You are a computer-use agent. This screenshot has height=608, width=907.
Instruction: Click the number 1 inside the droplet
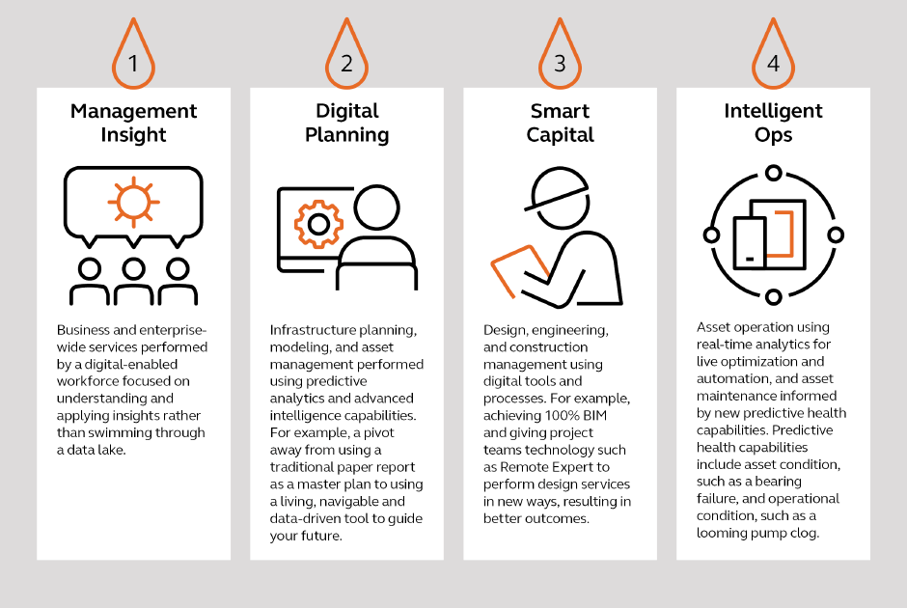click(133, 64)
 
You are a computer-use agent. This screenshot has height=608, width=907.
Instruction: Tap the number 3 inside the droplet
click(560, 64)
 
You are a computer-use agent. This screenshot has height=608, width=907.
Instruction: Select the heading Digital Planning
click(347, 123)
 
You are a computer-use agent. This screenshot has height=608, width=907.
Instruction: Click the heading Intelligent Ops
click(774, 123)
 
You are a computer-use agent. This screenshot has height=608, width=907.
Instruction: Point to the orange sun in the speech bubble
click(133, 202)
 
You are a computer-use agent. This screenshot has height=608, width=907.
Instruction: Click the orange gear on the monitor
click(318, 224)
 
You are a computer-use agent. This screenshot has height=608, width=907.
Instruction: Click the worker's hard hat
click(557, 188)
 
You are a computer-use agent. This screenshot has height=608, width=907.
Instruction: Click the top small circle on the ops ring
click(774, 173)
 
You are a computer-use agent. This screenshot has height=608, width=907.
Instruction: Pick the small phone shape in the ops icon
click(750, 243)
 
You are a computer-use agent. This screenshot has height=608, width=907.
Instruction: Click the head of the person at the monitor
click(376, 207)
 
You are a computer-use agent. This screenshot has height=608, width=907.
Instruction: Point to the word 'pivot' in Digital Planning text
click(378, 432)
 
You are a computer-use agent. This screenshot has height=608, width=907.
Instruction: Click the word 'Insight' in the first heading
click(133, 135)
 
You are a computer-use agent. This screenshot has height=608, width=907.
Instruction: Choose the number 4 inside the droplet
click(774, 64)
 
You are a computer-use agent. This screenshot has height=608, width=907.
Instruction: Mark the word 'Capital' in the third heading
click(560, 135)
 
